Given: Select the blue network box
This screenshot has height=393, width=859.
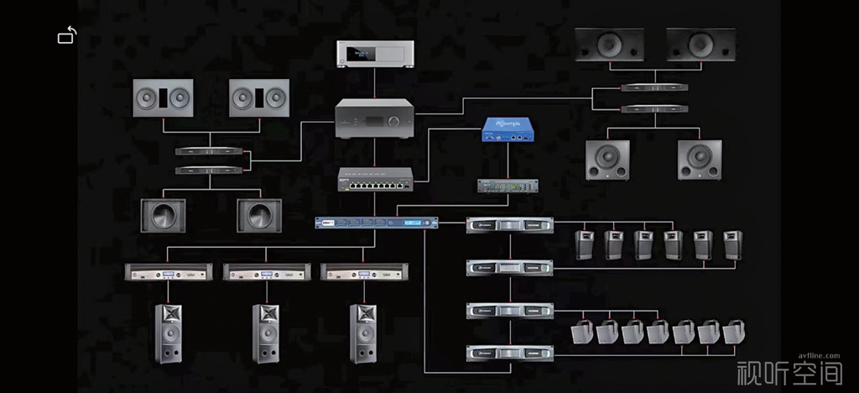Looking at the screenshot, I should coord(508,129).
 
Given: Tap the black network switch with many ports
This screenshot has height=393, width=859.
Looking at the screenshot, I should coord(375,180).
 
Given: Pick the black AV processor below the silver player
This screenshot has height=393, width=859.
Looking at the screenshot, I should coord(375,118).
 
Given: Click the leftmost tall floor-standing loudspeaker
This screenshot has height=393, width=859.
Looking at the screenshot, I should coord(169,333).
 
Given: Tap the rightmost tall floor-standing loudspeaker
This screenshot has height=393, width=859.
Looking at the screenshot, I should coord(364,333).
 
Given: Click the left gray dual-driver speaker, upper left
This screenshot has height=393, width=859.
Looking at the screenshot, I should coord(163,98).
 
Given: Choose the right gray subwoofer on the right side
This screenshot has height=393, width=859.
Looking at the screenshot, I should coord(700,160).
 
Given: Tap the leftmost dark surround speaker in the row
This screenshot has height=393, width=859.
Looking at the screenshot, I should coord(584,244).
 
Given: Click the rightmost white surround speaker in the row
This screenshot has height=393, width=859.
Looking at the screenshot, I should coord(735,333).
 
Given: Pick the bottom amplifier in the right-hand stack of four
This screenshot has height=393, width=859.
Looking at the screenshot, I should coord(509,353).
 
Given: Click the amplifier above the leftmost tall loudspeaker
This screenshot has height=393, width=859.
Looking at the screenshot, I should coord(169,272).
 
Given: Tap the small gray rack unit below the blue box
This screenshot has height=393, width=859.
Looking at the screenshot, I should coord(506,186).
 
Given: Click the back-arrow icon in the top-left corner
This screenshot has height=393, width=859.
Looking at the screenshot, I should coord(67,35).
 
